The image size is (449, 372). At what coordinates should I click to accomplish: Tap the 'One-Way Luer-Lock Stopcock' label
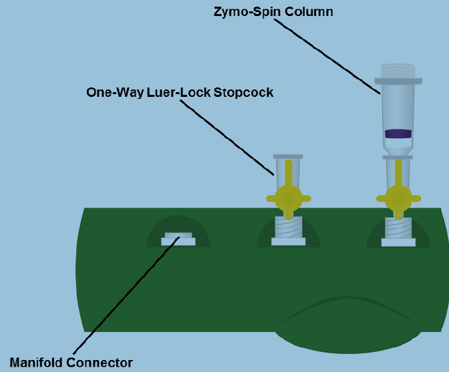pos(180,92)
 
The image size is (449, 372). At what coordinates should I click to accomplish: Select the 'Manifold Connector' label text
pos(71,363)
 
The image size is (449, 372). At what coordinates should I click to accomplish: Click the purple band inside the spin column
pos(398,134)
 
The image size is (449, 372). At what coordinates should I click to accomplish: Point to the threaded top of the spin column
pos(398,70)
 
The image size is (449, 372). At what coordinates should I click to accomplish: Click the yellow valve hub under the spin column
pos(398,198)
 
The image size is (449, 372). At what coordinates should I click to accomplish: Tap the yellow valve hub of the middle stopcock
pos(288,198)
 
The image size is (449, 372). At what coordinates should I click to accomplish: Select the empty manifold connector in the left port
pos(178,238)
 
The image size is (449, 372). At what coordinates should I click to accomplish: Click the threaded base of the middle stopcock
pos(288,228)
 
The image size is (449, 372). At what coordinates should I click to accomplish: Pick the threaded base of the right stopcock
pos(398,228)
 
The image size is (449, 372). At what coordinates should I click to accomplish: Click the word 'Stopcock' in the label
pos(243,92)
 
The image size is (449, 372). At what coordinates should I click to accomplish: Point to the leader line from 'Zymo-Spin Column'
pos(327,54)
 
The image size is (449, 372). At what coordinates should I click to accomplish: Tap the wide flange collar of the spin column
pos(398,81)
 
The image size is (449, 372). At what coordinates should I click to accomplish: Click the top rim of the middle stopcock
pos(288,156)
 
